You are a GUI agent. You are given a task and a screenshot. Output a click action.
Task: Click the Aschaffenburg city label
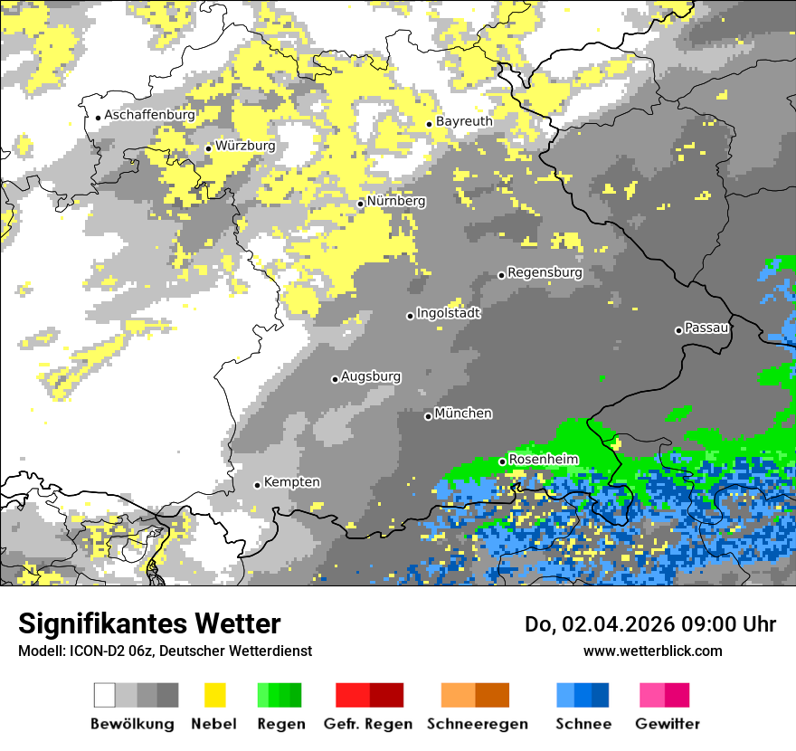pos(149,116)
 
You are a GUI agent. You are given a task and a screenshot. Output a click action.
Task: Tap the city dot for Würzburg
pos(208,148)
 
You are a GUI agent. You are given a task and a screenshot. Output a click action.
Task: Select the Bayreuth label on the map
pos(464,121)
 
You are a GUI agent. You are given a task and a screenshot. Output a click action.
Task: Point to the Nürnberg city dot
pos(360,204)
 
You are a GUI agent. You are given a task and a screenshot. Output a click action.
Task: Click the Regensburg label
pos(545,272)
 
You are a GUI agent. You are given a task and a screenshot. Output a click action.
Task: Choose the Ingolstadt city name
pos(448,313)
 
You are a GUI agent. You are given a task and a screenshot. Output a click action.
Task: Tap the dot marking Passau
pos(678,330)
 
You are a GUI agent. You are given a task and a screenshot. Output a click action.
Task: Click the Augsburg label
pos(371,376)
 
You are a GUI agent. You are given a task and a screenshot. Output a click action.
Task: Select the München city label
pos(463,414)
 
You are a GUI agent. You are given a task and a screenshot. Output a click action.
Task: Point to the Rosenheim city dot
pos(502,461)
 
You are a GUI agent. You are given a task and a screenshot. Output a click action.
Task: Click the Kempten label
pos(291,482)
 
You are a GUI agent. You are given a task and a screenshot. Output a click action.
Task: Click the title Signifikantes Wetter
pos(149,623)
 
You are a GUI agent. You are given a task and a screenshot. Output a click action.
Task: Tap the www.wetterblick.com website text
pos(652,651)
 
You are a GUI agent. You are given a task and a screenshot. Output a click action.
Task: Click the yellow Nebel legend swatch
pos(214,695)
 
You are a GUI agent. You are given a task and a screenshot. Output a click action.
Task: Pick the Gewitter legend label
pos(667,724)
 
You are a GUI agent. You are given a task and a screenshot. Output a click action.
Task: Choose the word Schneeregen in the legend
pos(477,724)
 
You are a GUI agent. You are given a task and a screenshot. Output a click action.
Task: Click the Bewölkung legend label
pos(132,724)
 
